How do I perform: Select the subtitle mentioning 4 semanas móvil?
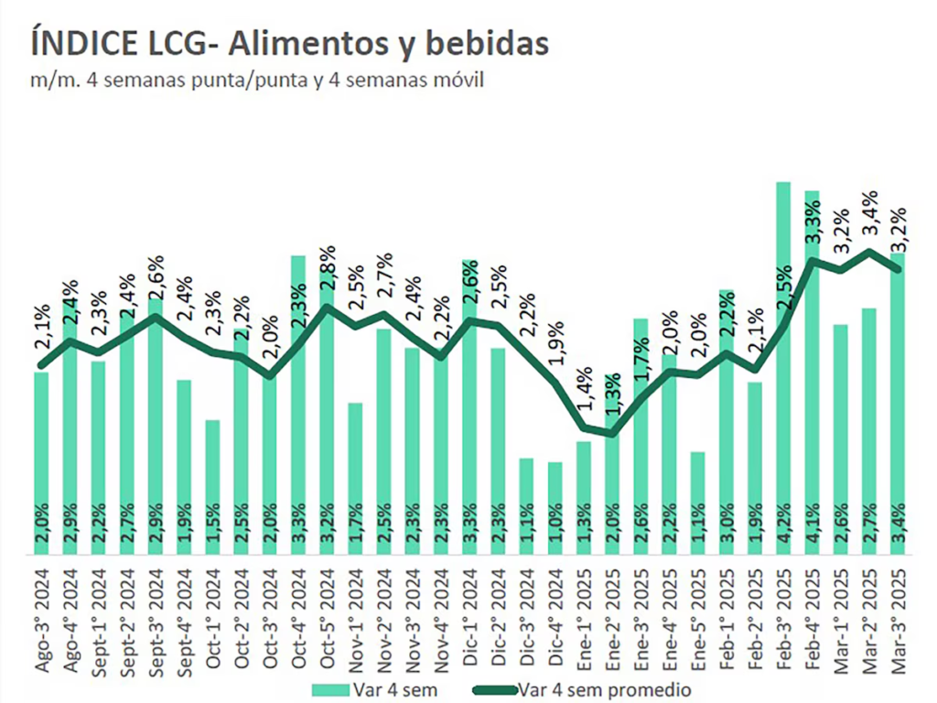click(x=256, y=80)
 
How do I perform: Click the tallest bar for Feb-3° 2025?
click(x=782, y=366)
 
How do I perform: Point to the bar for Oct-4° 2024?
click(x=298, y=403)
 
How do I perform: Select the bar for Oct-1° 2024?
click(x=212, y=485)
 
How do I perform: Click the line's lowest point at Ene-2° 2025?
click(x=611, y=434)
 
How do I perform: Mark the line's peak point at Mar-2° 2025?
click(x=868, y=251)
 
